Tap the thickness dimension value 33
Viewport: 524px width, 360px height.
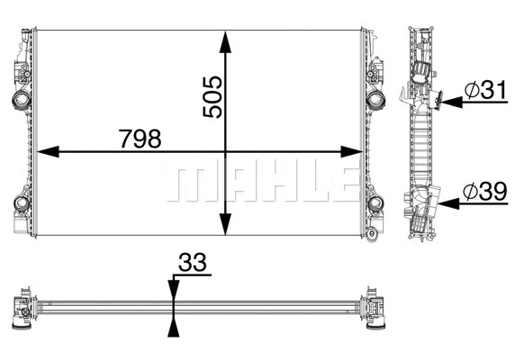pos(193,265)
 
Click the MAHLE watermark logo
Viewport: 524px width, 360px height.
pos(258,183)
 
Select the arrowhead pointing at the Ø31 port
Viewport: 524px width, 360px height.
pos(446,103)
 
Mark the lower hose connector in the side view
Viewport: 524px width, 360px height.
pos(423,203)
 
